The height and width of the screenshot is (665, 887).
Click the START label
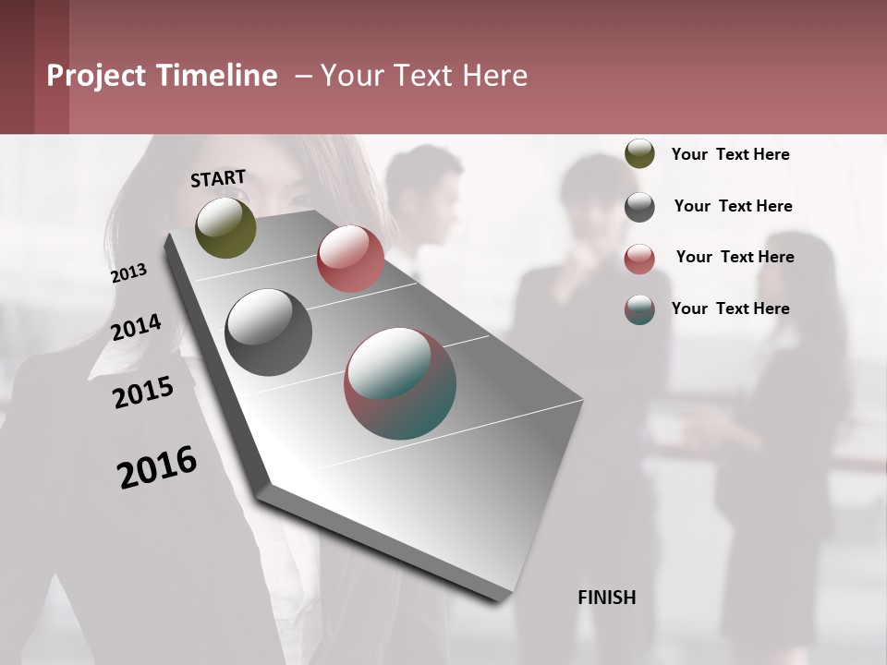coord(218,178)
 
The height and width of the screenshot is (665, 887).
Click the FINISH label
coord(607,598)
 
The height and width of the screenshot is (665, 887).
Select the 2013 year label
coord(128,273)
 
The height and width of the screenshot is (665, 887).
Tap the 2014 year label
coord(136,327)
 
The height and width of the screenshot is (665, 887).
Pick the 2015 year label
coord(143,393)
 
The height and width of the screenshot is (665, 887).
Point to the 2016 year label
coord(157,466)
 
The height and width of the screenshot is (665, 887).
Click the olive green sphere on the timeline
coord(226,227)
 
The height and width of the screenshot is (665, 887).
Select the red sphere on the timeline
coord(350,259)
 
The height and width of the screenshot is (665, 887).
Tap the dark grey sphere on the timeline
coord(268,332)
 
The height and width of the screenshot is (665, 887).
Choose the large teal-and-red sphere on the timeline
coord(400,383)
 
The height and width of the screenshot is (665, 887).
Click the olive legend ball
coord(639,154)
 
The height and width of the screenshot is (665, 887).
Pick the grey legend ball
coord(639,207)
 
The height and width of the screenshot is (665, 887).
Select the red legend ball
coord(639,259)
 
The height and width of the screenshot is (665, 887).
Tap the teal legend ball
coord(639,309)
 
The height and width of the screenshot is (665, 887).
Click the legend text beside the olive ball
coord(730,154)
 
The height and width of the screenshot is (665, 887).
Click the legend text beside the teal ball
coord(730,308)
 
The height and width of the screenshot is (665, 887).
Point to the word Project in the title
coord(95,76)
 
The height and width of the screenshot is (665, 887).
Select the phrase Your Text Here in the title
coord(424,76)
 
